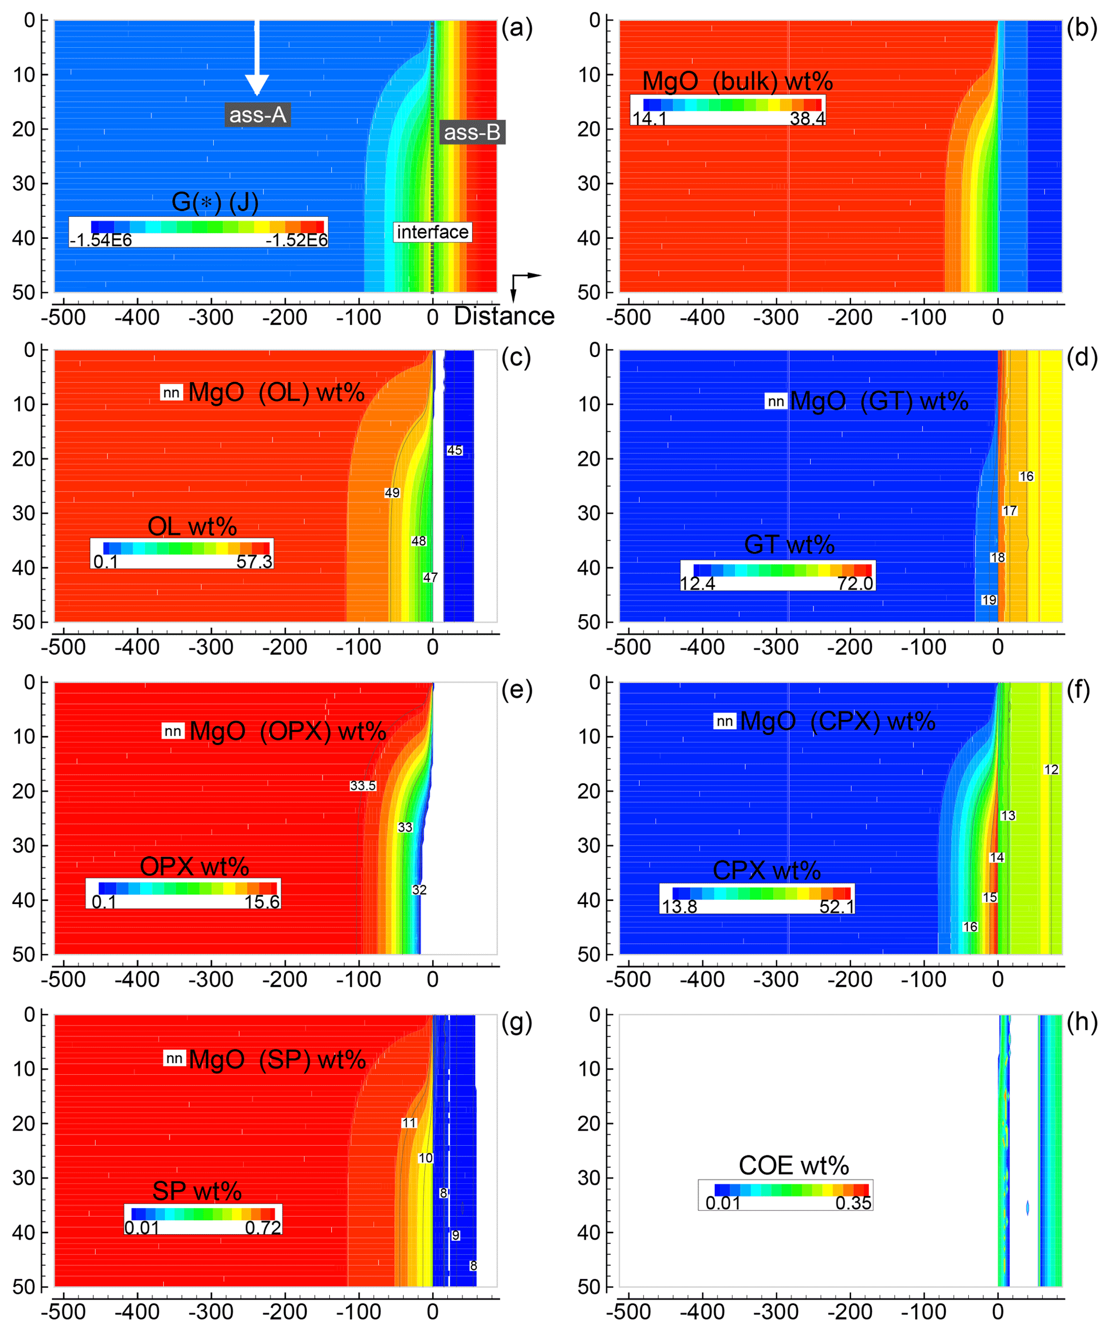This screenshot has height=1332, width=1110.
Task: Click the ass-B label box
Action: click(472, 132)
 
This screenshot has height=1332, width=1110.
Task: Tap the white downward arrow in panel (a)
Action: click(257, 57)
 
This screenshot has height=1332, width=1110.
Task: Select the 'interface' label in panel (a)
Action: click(433, 232)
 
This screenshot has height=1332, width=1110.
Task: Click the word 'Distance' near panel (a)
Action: click(504, 316)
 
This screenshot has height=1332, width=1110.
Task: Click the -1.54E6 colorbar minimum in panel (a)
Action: click(101, 240)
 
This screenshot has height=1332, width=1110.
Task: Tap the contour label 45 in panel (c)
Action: click(455, 450)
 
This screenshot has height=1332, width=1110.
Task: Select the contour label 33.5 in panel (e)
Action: click(363, 786)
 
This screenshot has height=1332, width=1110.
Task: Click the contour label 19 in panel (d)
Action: click(989, 600)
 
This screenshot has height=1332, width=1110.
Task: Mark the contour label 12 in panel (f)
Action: click(1051, 769)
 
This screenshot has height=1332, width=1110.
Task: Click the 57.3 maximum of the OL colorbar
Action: click(255, 562)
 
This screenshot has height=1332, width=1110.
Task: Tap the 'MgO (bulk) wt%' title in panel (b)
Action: click(737, 81)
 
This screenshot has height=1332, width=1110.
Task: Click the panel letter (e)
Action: click(517, 689)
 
